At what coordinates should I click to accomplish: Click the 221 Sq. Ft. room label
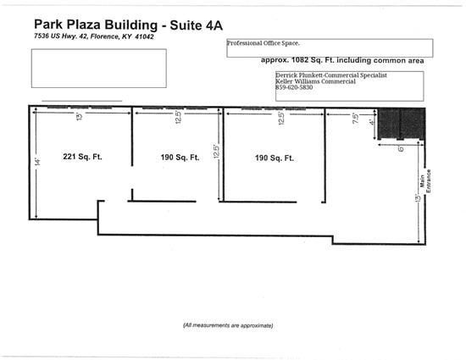pos(82,157)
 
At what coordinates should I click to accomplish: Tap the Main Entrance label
pos(425,181)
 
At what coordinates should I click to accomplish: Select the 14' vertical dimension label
pos(37,162)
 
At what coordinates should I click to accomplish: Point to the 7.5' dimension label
pos(356,118)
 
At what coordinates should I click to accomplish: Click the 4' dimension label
pos(371,122)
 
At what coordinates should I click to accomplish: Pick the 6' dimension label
pos(401,148)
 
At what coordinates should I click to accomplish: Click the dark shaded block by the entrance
pos(401,124)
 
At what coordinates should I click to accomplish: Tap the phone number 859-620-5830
pos(294,87)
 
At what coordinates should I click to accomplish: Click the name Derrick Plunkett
pos(300,75)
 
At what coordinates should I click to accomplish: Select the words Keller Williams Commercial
pos(315,81)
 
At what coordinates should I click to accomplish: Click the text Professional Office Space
pos(264,43)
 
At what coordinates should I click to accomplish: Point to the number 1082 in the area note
pos(300,60)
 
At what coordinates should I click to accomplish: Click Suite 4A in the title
pos(197,25)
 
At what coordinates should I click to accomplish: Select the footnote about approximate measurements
pos(228,325)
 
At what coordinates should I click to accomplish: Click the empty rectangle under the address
pos(99,69)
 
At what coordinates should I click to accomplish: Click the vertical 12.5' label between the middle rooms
pos(217,152)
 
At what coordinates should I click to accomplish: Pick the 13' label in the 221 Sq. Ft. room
pos(80,116)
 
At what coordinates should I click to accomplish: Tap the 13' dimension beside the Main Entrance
pos(418,198)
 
